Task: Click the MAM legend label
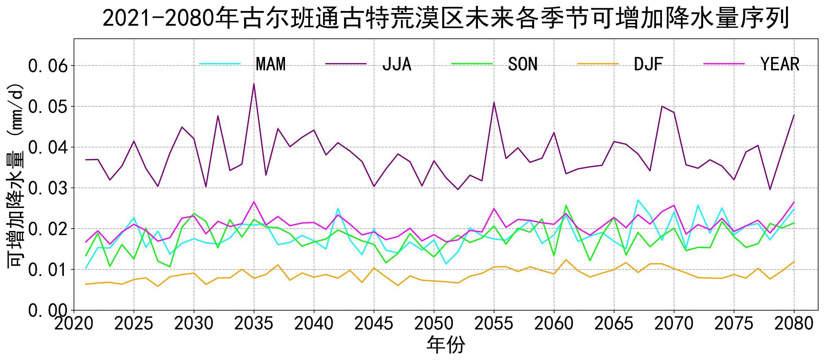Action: tap(271, 64)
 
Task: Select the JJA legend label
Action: tap(397, 64)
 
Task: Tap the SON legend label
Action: tap(523, 64)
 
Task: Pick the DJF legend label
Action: tap(648, 64)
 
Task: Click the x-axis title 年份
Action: tap(446, 345)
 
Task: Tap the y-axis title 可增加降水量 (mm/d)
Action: tap(15, 175)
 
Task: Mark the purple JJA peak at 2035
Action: tap(254, 84)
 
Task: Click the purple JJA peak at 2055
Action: tap(494, 102)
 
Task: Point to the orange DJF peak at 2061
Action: tap(566, 259)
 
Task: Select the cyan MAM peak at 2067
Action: tap(638, 200)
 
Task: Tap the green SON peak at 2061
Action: tap(566, 205)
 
